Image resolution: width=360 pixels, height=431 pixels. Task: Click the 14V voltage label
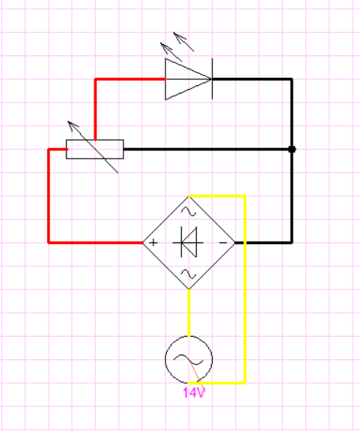(x=194, y=393)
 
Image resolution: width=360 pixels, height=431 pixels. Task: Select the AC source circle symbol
(x=189, y=336)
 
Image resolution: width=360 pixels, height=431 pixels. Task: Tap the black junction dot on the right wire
(x=292, y=149)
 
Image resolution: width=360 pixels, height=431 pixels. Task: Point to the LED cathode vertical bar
(x=212, y=79)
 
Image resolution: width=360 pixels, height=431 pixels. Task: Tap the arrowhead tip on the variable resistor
(x=68, y=121)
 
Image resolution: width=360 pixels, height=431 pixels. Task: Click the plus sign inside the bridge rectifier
(x=153, y=242)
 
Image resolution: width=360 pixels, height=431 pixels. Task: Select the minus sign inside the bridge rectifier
(x=223, y=242)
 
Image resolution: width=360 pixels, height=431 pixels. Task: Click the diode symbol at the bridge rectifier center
(x=188, y=242)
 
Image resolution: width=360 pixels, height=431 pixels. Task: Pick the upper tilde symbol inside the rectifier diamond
(x=189, y=211)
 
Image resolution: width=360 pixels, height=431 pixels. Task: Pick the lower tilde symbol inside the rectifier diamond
(x=189, y=274)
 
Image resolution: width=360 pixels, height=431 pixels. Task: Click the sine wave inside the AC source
(x=189, y=359)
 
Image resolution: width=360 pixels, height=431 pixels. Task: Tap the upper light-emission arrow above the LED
(x=183, y=42)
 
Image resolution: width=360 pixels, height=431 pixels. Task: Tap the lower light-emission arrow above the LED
(x=171, y=52)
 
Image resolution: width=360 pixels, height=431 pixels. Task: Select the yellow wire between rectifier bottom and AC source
(x=189, y=313)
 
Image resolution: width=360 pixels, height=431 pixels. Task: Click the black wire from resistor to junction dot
(x=207, y=149)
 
